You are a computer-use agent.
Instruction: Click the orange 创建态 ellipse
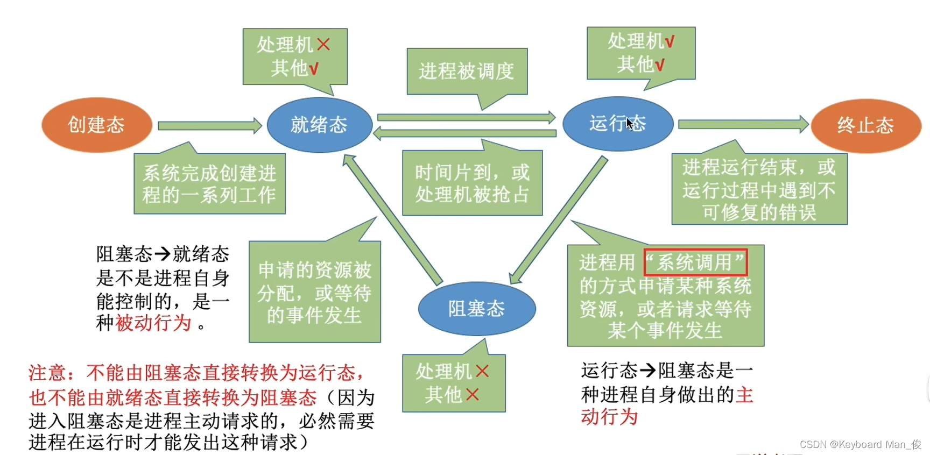point(96,125)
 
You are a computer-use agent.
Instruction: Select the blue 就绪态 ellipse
point(319,125)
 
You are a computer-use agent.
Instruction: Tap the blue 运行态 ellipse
point(617,124)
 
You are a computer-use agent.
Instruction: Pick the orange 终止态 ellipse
point(865,125)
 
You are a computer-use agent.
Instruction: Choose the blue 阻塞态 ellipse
point(476,308)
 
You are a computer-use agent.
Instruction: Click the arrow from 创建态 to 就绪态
point(209,126)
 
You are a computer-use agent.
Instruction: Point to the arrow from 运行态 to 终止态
point(743,125)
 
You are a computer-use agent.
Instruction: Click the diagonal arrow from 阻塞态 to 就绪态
point(393,219)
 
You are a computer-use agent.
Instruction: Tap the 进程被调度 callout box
point(467,71)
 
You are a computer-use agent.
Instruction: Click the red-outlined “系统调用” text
point(695,262)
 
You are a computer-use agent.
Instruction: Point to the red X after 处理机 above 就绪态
point(323,44)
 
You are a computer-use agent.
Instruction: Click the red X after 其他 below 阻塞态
point(472,395)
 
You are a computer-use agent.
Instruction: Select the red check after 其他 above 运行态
point(660,65)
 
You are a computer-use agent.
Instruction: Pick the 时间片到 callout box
point(472,183)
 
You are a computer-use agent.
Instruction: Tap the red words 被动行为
point(154,323)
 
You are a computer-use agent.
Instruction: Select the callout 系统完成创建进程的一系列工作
point(209,183)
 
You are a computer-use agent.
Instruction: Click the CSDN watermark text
point(860,444)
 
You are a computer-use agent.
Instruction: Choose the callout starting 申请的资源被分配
point(314,292)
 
